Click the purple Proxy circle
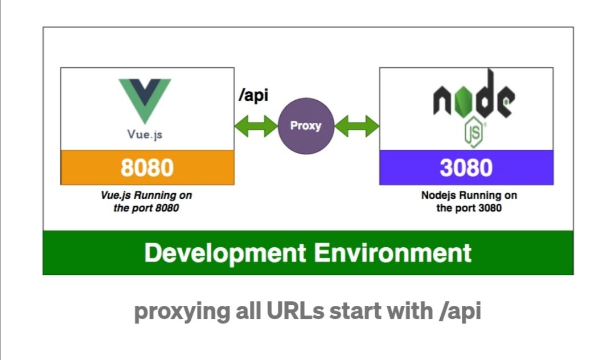coord(306,126)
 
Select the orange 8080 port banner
coord(147,167)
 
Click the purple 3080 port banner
coord(466,167)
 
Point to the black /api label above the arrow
coord(253,95)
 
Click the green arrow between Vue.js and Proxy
coord(256,126)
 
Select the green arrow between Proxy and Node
coord(357,126)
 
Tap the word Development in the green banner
coord(225,253)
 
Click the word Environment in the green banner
coord(392,252)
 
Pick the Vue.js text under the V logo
coord(145,134)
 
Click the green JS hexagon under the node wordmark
coord(473,132)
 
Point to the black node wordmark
coord(474,95)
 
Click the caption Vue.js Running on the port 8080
coord(146,201)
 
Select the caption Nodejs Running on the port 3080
coord(469,201)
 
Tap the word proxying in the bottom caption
coord(182,312)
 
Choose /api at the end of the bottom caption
coord(460,312)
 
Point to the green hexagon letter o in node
coord(464,101)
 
